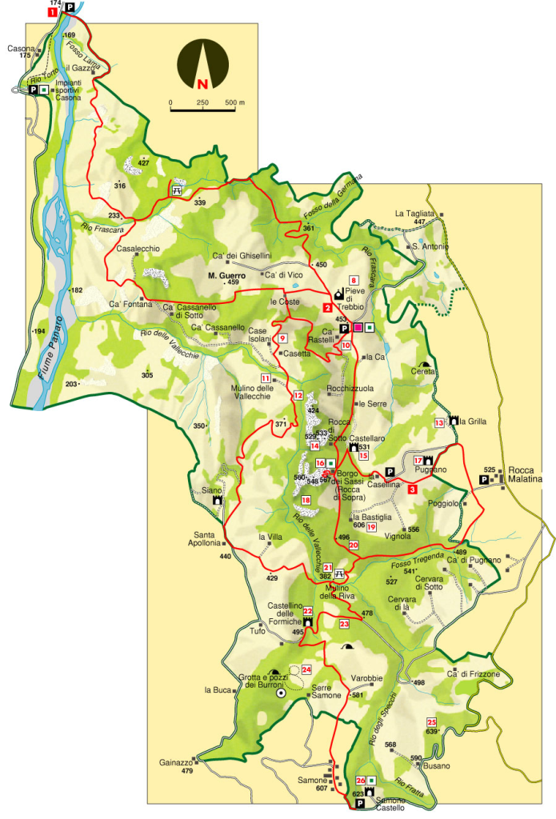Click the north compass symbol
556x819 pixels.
click(x=202, y=66)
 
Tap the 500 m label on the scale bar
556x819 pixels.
click(x=234, y=103)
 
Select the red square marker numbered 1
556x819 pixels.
click(x=53, y=12)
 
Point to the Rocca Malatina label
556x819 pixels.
click(x=524, y=475)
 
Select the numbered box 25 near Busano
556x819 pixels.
click(x=431, y=721)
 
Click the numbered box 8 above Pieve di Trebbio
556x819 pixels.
click(x=353, y=280)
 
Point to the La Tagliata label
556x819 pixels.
click(x=414, y=214)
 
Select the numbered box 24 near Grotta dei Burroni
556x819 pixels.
click(x=306, y=669)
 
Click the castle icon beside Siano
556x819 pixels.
click(x=217, y=501)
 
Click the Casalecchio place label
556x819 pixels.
click(x=138, y=249)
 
